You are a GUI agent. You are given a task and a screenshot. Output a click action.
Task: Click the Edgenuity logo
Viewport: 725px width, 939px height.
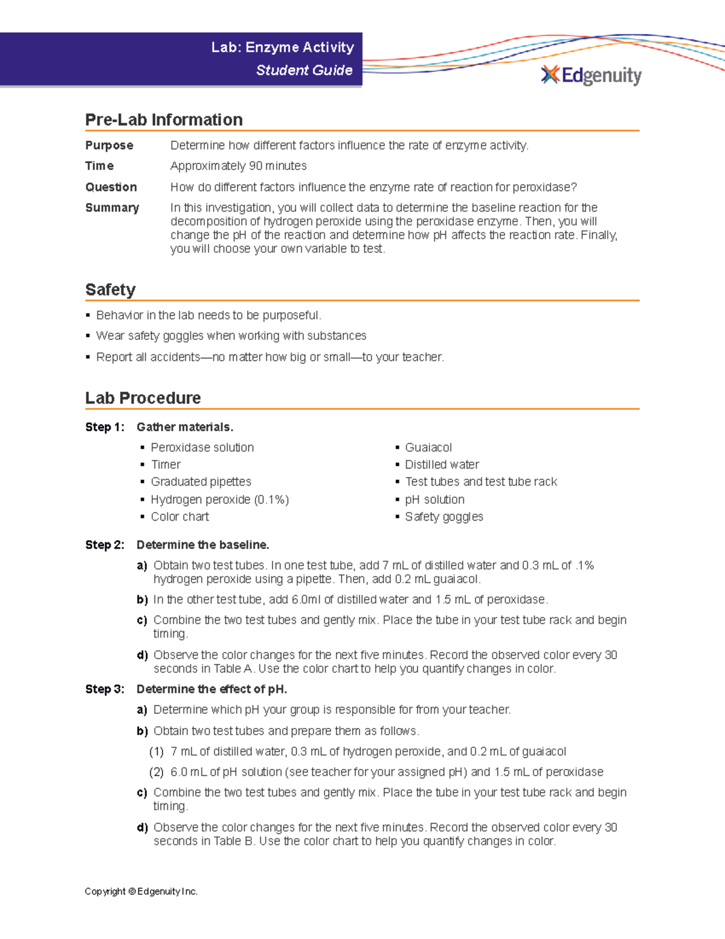click(x=591, y=75)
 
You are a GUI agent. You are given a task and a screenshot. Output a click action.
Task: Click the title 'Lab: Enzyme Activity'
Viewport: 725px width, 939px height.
click(x=282, y=47)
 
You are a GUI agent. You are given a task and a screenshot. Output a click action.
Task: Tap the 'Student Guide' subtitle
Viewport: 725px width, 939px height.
click(x=304, y=70)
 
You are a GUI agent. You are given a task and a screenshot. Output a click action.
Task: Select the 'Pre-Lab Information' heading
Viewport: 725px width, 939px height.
click(x=164, y=120)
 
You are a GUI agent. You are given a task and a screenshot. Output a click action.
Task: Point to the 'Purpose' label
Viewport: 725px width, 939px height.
click(x=109, y=145)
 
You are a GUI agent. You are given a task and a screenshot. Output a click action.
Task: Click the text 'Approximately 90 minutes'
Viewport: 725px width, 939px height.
click(x=238, y=166)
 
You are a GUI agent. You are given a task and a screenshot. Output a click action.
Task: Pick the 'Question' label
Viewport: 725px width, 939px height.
click(x=111, y=187)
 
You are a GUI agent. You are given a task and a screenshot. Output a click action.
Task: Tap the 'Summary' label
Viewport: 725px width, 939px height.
click(x=112, y=207)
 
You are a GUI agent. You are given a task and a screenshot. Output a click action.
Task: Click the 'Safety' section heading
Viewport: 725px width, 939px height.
click(x=110, y=290)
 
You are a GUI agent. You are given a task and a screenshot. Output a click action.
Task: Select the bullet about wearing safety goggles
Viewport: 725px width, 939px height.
click(x=231, y=336)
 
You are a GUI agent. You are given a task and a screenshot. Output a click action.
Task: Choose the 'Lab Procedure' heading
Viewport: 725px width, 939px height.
click(x=143, y=398)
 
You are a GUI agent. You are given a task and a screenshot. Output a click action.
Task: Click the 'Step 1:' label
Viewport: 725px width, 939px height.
click(x=105, y=427)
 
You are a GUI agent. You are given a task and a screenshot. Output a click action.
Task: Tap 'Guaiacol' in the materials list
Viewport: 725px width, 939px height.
click(x=428, y=447)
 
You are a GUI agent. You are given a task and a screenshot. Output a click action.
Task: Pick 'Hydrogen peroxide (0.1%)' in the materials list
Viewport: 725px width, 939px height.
click(x=219, y=499)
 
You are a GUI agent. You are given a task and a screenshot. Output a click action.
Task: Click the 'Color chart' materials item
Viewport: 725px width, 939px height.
click(x=179, y=516)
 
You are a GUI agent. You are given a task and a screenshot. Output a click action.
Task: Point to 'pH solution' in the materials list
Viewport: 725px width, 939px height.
click(x=434, y=499)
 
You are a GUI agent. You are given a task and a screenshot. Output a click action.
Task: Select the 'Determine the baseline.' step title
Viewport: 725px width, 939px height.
click(x=202, y=545)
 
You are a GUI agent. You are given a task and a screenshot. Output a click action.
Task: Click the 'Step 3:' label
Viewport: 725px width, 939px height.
click(x=105, y=689)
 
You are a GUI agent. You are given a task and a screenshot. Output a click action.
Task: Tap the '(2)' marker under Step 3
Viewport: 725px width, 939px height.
click(x=156, y=772)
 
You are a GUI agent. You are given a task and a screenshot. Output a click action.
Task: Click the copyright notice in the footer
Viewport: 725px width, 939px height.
click(x=141, y=891)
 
